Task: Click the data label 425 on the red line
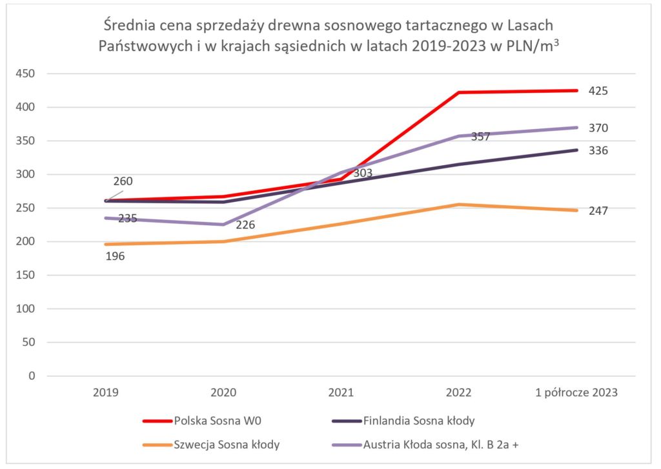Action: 598,91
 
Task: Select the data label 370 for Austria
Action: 598,128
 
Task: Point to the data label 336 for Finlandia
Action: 598,150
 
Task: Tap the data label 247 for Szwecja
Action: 598,210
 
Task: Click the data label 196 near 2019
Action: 114,256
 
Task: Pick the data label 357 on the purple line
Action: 480,137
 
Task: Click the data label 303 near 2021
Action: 362,173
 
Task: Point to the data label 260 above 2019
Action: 122,181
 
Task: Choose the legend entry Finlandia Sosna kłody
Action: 419,421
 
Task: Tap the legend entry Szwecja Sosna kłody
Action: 217,444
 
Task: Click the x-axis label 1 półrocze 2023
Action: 576,392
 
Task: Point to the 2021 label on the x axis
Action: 341,392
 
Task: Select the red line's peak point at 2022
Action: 459,92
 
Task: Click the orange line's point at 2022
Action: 459,205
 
